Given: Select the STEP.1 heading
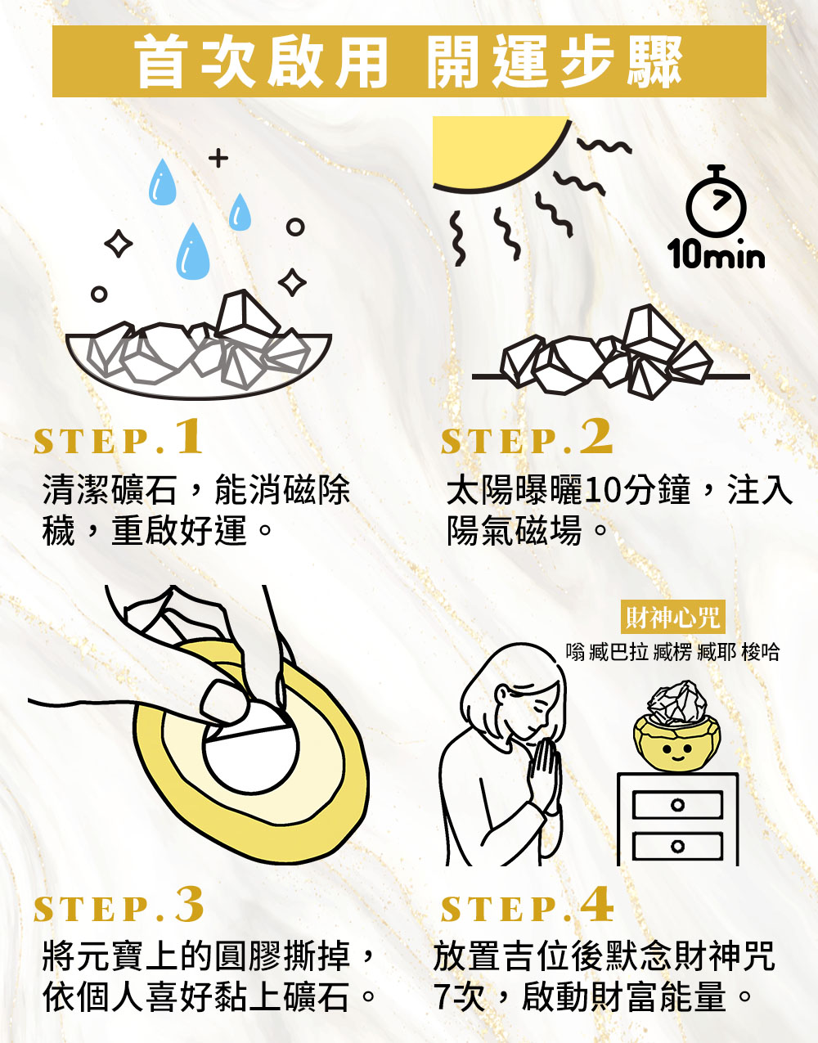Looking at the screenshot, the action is click(118, 437).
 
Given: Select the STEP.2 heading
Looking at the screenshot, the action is click(526, 437).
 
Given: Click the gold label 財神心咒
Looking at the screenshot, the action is click(672, 617).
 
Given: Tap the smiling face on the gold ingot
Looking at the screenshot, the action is click(677, 752).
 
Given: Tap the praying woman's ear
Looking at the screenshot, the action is click(501, 695).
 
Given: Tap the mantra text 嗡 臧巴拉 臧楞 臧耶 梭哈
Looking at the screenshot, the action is click(672, 652).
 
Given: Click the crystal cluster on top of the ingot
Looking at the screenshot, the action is click(677, 702).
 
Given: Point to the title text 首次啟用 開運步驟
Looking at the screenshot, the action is click(409, 61).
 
